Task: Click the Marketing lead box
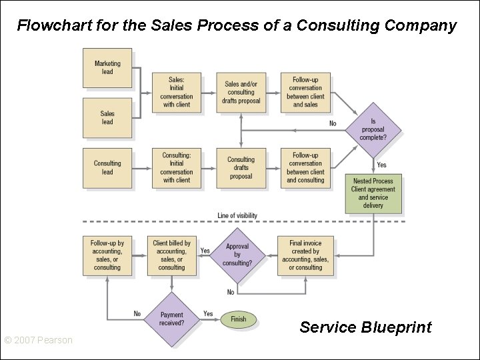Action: pos(107,68)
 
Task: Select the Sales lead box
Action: pos(107,117)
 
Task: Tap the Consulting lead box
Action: pos(107,167)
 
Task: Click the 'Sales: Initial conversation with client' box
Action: pos(177,93)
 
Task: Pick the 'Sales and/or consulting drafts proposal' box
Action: pos(241,93)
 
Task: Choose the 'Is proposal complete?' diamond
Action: pos(373,129)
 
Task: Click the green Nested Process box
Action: pos(373,193)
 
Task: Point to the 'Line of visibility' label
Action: pos(237,215)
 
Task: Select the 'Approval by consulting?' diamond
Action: pos(237,255)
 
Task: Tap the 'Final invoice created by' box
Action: pos(305,255)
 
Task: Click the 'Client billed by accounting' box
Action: pos(172,255)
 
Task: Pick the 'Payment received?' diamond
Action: pos(172,319)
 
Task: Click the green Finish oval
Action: pos(238,319)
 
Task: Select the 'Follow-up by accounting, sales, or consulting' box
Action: pos(107,255)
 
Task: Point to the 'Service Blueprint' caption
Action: pos(365,327)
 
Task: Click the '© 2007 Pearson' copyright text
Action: pos(38,341)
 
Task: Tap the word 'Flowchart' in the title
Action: pos(48,26)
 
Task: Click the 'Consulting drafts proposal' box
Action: pos(241,167)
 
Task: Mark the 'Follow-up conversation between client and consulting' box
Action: pos(305,167)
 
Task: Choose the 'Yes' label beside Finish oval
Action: pos(208,313)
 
